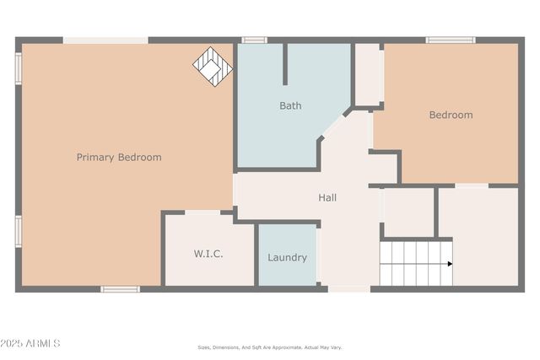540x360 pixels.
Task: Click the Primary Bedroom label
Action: [x=119, y=158]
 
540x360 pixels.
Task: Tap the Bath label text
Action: [x=290, y=106]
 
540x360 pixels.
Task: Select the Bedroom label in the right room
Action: [x=451, y=115]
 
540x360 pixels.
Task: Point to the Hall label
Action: [x=327, y=198]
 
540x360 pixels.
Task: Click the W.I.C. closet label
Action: [x=208, y=254]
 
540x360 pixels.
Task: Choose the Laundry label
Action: [x=287, y=258]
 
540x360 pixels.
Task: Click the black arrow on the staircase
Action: [x=450, y=264]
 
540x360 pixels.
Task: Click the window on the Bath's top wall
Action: [x=254, y=40]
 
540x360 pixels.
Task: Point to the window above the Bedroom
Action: [x=450, y=40]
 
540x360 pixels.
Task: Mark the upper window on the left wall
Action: [x=18, y=68]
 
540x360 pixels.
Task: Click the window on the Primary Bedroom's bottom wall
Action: [x=120, y=289]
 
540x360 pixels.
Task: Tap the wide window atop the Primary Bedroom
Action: [x=105, y=40]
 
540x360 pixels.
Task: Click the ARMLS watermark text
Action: [x=30, y=343]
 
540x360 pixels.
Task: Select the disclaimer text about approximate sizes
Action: [x=270, y=347]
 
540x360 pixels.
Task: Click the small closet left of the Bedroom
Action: [x=367, y=74]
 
